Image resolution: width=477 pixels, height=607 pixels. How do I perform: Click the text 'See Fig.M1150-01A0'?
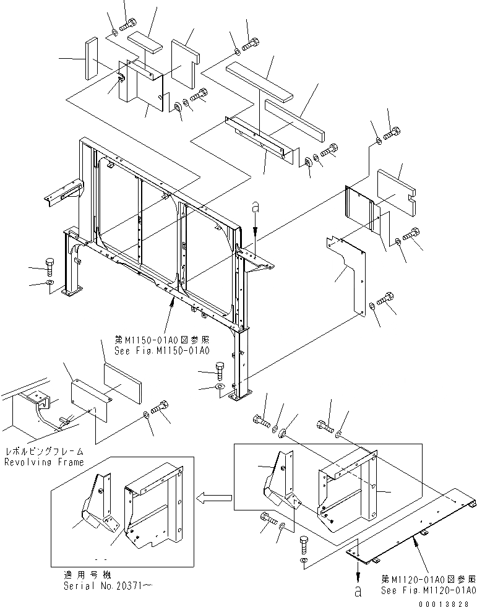tap(161, 350)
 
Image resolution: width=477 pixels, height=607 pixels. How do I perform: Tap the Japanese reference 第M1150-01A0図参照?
tap(161, 340)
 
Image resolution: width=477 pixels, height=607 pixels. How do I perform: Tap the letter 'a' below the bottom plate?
tap(358, 592)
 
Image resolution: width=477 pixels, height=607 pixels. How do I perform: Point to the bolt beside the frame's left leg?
tap(51, 267)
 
